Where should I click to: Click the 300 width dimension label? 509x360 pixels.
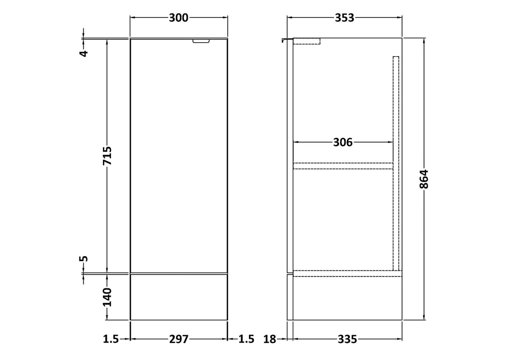tap(178, 17)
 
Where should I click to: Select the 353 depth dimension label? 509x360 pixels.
tap(344, 17)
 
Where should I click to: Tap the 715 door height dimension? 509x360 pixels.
tap(107, 156)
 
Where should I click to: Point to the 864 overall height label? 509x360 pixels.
tap(424, 179)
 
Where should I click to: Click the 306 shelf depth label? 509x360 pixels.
tap(343, 142)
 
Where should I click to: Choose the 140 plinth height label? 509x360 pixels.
tap(107, 297)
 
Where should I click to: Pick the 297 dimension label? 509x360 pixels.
tap(178, 339)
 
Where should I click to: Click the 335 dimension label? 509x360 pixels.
tap(347, 339)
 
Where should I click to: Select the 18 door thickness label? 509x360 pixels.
tap(269, 339)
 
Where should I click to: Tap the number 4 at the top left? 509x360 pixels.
tap(84, 53)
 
